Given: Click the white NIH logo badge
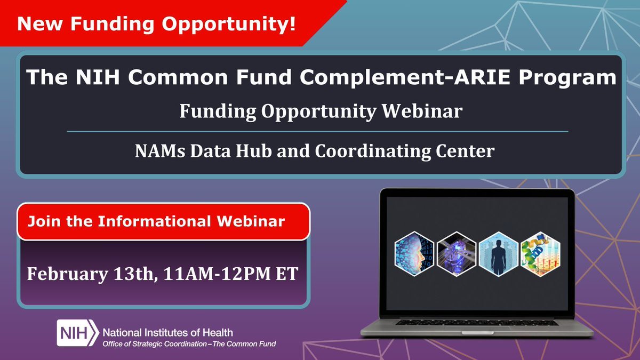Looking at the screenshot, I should pos(76,333).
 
